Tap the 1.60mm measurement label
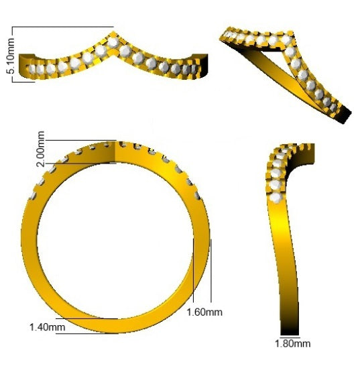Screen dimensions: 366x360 (x=204, y=312)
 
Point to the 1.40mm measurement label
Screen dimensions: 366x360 (x=47, y=326)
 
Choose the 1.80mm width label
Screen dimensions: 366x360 (x=294, y=344)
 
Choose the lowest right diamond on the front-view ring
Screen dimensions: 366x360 (x=198, y=195)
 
